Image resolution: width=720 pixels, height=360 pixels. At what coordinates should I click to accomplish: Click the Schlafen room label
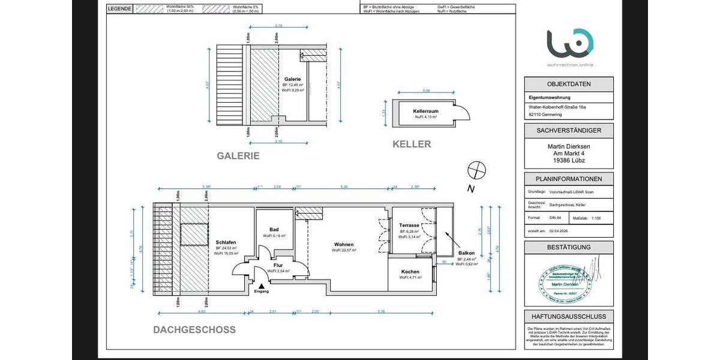pos(226,242)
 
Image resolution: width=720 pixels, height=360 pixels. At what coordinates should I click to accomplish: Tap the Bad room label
pos(274,230)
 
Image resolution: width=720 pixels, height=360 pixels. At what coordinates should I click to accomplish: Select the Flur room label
pos(278,265)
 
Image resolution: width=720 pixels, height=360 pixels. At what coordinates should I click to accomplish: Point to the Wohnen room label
pos(344,244)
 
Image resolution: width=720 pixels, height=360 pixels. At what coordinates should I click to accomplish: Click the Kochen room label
pos(410,272)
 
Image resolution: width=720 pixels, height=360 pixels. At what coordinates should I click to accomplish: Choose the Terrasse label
pos(409,226)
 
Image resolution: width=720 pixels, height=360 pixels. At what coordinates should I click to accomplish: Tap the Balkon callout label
pos(466,253)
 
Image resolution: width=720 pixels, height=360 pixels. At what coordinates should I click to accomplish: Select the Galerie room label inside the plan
pos(292,79)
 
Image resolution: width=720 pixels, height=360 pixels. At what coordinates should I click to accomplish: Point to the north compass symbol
pos(476,170)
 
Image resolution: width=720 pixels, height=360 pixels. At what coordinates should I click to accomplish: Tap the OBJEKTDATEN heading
pos(568,84)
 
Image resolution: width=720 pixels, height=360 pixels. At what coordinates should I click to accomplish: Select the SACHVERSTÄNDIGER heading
pos(568,130)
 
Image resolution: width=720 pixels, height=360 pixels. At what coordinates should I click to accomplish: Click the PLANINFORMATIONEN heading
pos(568,179)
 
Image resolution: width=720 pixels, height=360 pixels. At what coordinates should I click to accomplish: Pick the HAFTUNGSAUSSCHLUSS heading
pos(568,316)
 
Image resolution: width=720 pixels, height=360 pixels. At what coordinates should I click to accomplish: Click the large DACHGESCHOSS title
pos(194,330)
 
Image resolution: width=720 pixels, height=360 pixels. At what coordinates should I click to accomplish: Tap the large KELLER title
pos(412,144)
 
